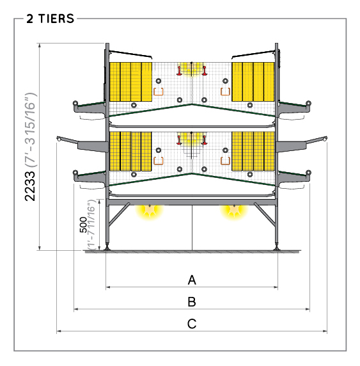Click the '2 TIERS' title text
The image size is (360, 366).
50,19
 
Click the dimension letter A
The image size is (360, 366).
192,280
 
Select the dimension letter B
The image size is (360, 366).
192,301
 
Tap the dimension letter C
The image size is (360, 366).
192,324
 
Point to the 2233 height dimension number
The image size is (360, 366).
30,186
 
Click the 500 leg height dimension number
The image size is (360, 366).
83,225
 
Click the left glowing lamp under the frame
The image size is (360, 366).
150,211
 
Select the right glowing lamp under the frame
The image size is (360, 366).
234,211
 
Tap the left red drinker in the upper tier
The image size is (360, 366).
179,71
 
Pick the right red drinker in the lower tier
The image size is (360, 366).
205,140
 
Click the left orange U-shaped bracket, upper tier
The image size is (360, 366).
159,91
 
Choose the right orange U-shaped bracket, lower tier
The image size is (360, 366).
225,161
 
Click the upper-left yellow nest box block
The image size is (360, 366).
130,82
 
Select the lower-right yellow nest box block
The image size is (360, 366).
253,151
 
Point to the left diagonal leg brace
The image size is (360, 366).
119,214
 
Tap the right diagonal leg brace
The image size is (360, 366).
265,214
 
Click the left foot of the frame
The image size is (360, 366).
107,247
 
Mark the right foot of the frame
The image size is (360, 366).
277,247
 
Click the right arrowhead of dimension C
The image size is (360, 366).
325,331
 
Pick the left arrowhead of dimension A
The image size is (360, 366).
108,287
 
